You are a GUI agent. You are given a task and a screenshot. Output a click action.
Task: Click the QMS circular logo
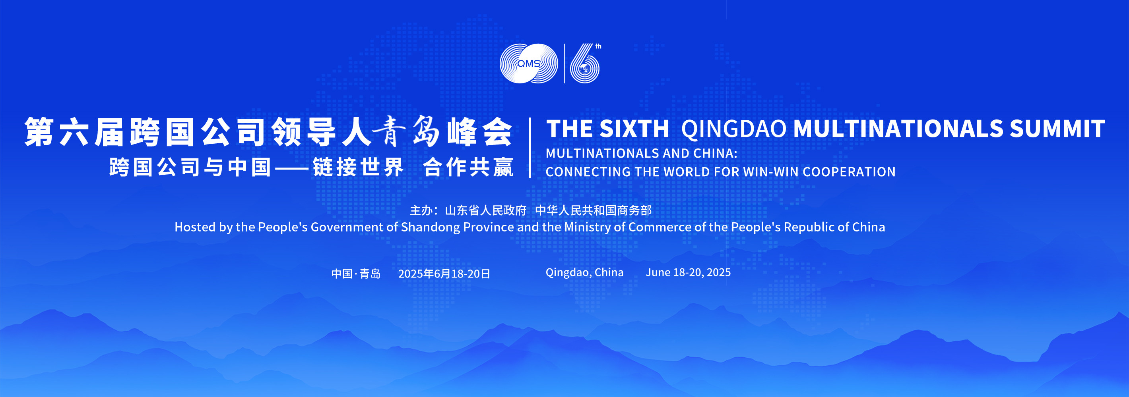click(529, 64)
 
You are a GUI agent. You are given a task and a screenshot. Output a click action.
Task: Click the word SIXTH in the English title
click(634, 129)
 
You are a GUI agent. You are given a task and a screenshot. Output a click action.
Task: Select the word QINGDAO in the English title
click(734, 129)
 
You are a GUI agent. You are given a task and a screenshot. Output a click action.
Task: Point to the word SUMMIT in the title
click(1057, 129)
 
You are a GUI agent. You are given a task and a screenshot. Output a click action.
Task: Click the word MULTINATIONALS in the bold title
click(898, 129)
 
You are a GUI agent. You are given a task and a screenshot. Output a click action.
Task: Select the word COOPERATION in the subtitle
click(849, 172)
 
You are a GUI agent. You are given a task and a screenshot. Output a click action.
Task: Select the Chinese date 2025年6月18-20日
click(444, 274)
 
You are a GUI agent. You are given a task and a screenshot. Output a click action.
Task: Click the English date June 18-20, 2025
click(688, 272)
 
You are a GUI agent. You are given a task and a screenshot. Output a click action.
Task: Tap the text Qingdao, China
click(584, 273)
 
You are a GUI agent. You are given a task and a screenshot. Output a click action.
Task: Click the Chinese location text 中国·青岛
click(356, 274)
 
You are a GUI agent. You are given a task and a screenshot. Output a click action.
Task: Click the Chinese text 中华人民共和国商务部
click(594, 210)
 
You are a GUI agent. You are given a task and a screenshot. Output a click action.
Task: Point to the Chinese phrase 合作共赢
click(468, 167)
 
